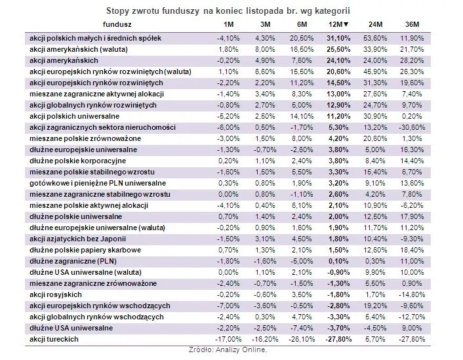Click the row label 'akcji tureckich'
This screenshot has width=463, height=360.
coord(54,338)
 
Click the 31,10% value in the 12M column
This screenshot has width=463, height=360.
coord(338,39)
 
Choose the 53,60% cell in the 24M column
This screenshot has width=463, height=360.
coord(376,39)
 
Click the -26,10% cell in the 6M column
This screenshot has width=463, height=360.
coord(300,338)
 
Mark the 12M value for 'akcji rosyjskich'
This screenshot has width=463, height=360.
coord(338,294)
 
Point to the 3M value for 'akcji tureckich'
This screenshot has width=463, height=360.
coord(263,338)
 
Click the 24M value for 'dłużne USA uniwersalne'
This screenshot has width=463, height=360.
coord(376,327)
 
